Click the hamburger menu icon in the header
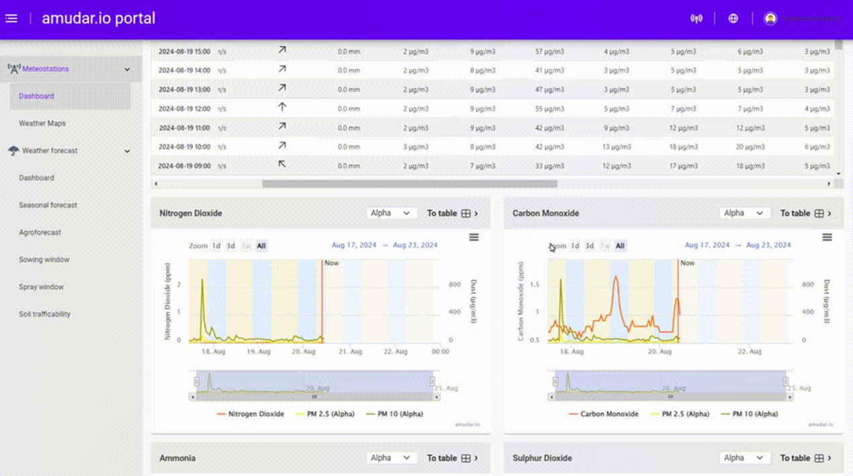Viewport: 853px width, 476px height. pyautogui.click(x=11, y=18)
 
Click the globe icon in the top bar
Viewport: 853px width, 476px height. pyautogui.click(x=733, y=18)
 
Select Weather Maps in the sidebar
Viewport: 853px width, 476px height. pyautogui.click(x=42, y=123)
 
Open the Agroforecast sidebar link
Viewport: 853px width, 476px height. pyautogui.click(x=40, y=232)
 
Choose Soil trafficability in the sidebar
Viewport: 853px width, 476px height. pyautogui.click(x=44, y=314)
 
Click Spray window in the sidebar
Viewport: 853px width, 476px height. pyautogui.click(x=41, y=286)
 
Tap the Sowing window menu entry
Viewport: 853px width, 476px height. pyautogui.click(x=44, y=260)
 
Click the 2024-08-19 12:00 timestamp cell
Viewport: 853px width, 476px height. pyautogui.click(x=184, y=108)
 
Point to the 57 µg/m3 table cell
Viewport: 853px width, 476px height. pyautogui.click(x=549, y=51)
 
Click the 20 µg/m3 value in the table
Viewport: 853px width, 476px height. pyautogui.click(x=750, y=147)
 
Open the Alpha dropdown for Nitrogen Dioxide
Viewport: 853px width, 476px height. pyautogui.click(x=390, y=213)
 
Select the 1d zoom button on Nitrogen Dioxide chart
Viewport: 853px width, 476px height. pyautogui.click(x=216, y=246)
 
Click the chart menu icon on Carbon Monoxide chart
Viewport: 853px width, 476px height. pyautogui.click(x=827, y=237)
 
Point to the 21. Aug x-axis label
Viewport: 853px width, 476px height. pyautogui.click(x=350, y=352)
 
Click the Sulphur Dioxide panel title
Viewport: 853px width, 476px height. pyautogui.click(x=542, y=458)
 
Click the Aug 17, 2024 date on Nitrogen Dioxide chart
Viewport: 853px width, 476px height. pyautogui.click(x=354, y=245)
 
